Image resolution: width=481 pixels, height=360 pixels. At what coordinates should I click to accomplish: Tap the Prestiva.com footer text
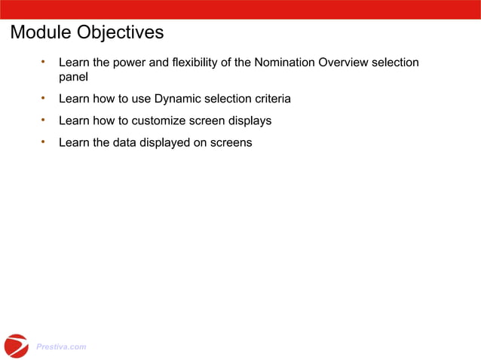[61, 347]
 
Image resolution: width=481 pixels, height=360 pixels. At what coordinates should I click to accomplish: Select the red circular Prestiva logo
[16, 346]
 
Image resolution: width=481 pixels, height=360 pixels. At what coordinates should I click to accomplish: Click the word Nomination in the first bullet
[284, 63]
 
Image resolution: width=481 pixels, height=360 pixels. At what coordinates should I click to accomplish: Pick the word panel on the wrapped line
[74, 77]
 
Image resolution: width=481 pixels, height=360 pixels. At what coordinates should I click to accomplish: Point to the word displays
[250, 121]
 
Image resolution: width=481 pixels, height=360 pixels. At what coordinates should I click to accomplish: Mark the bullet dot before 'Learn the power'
[44, 62]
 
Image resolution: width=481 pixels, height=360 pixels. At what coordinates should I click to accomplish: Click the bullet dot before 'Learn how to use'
[44, 98]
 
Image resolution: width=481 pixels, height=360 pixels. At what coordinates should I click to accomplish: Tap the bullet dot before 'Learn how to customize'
[44, 120]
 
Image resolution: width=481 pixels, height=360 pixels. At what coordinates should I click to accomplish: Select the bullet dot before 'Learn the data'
[44, 141]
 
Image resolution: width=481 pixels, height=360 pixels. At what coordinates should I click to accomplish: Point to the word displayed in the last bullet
[165, 142]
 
